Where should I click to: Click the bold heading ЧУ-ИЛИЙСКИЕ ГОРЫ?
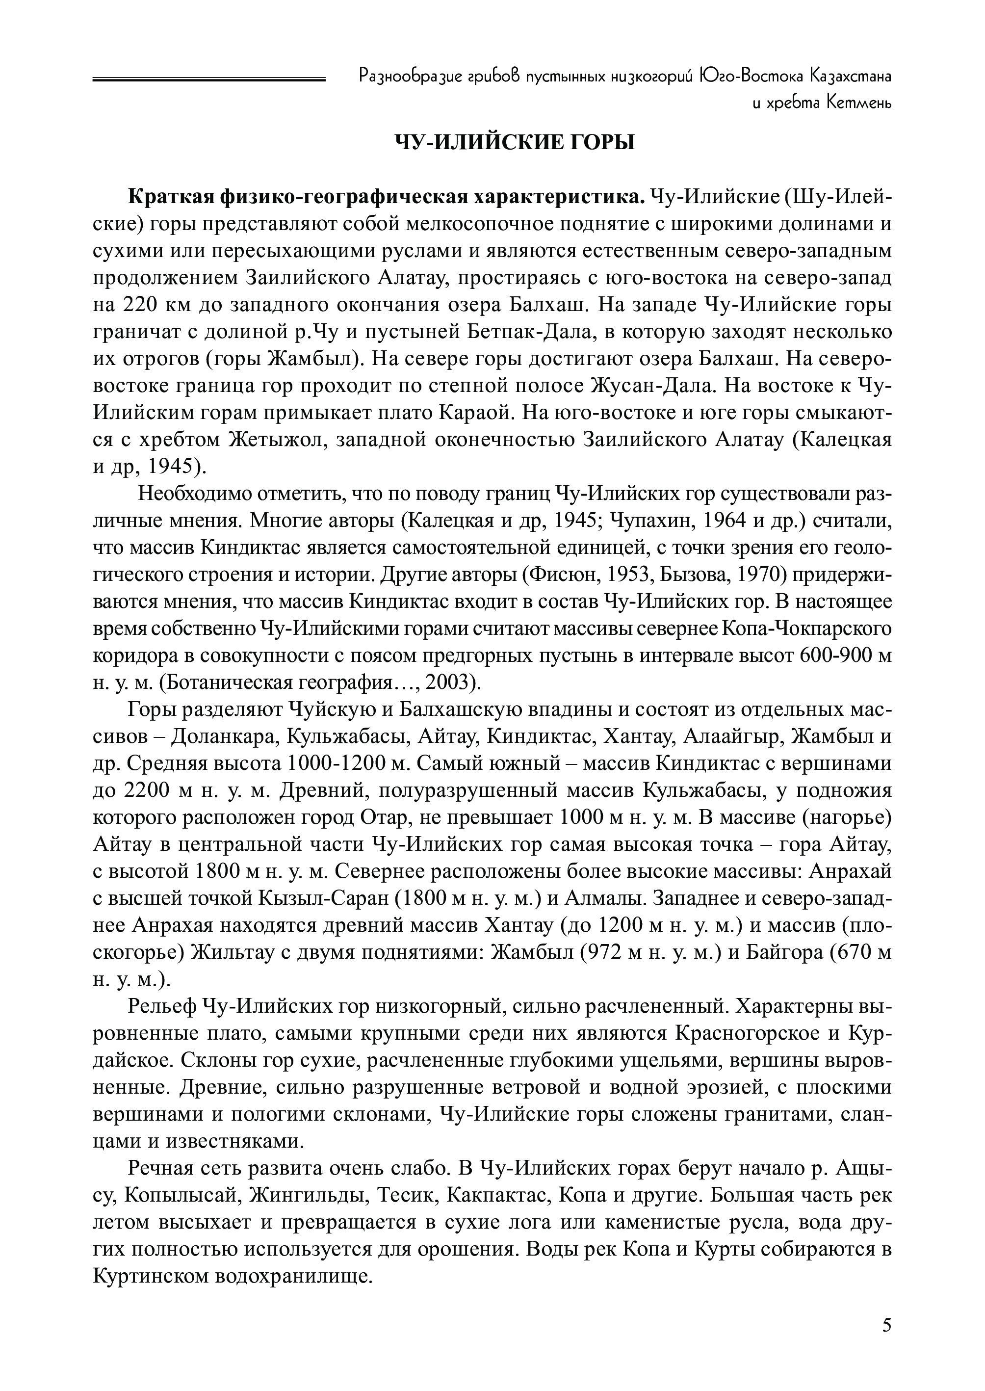(515, 143)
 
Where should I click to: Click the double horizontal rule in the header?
(209, 79)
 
